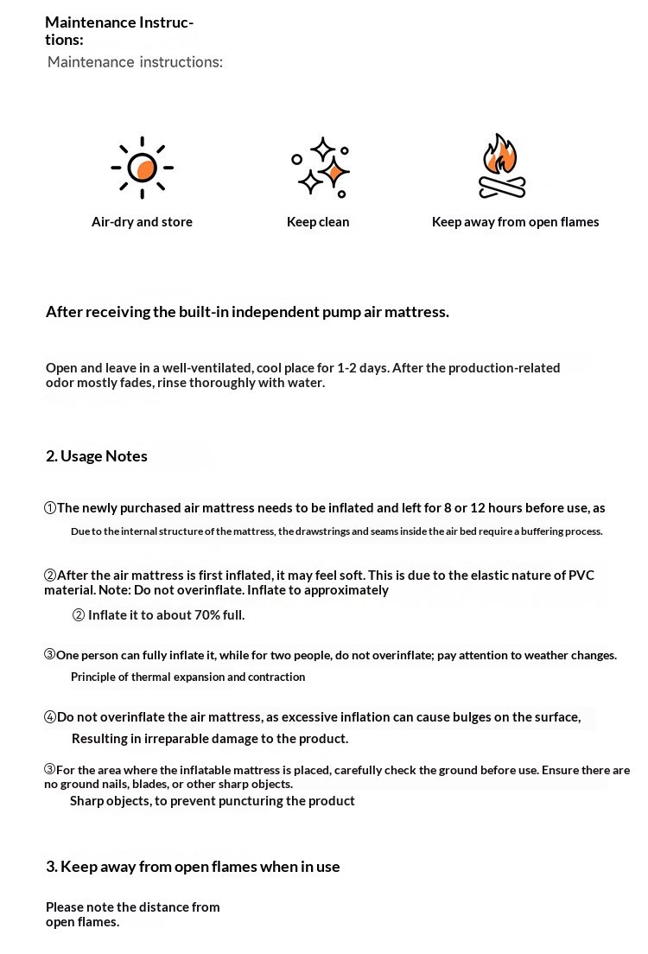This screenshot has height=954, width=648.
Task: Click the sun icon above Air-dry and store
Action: (x=143, y=168)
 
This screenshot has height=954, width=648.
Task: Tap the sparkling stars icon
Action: (x=321, y=167)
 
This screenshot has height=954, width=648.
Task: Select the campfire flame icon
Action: (x=501, y=166)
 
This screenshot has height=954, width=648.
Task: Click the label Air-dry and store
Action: (x=142, y=222)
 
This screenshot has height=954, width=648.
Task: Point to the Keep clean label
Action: (x=318, y=222)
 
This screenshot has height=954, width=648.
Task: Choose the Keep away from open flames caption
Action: (x=515, y=222)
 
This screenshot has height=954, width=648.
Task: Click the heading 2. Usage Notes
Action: (x=97, y=456)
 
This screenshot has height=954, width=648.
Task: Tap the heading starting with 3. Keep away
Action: (x=193, y=867)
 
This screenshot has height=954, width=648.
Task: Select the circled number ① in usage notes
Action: (x=50, y=508)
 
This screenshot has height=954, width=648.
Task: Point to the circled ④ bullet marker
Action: (x=50, y=717)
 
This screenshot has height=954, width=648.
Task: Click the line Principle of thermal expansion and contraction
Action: (x=187, y=677)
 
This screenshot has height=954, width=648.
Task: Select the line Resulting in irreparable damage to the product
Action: (x=210, y=739)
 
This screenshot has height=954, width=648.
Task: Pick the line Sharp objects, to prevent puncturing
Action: (x=212, y=801)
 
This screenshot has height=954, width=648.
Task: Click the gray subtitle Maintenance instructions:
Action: (x=135, y=62)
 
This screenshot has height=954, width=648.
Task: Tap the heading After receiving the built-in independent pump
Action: (x=247, y=312)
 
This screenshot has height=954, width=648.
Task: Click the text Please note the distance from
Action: (x=132, y=907)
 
